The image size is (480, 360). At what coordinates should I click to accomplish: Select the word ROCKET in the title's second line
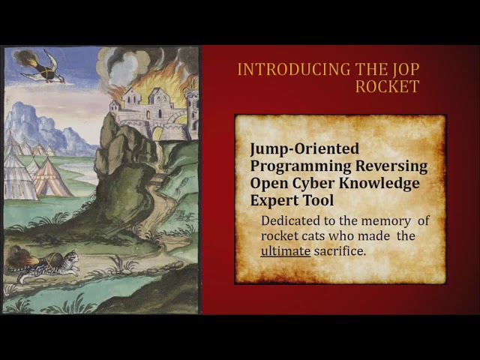click(x=387, y=86)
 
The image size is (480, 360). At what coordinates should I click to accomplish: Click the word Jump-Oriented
click(x=304, y=149)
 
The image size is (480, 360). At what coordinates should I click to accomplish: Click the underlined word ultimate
click(x=285, y=251)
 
